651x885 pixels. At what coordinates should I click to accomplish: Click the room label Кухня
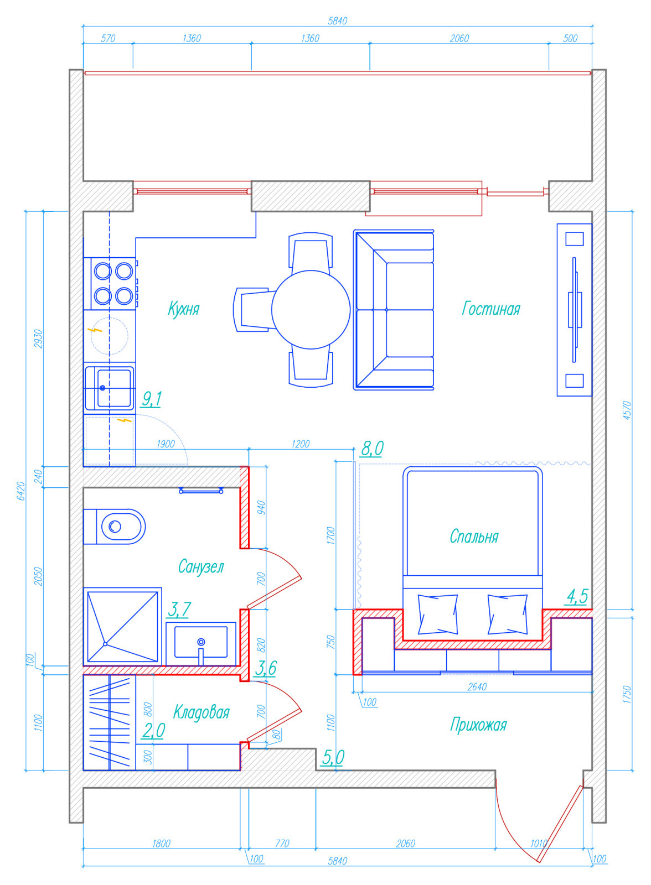184,309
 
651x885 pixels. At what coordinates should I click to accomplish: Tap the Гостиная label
491,309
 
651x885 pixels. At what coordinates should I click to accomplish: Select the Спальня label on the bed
474,537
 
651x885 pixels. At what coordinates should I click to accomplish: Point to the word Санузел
201,566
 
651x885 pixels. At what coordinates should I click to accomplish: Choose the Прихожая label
478,725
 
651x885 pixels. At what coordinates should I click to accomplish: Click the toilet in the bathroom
114,526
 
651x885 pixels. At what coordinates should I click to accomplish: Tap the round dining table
311,309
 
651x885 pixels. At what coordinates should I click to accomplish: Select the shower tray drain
105,644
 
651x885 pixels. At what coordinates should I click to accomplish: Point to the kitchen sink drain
102,388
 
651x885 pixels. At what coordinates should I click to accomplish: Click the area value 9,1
152,399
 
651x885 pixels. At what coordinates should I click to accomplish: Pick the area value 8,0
372,449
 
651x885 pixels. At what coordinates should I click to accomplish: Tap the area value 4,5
577,597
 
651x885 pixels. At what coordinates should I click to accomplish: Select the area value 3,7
179,609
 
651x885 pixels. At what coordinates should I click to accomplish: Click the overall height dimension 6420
21,491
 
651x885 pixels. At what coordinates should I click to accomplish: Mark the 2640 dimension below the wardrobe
477,686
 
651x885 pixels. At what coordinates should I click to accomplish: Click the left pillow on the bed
437,615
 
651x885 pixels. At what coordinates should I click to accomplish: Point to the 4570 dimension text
627,410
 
